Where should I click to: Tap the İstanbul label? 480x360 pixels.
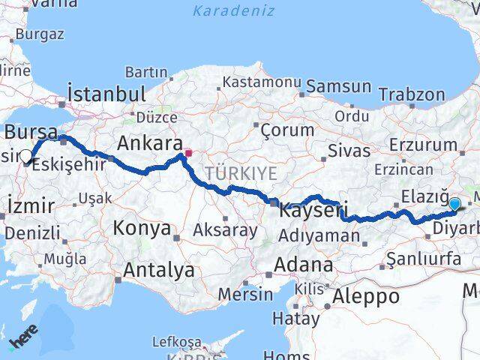click(x=106, y=94)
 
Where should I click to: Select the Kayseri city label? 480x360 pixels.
click(x=313, y=211)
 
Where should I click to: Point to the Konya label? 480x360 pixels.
click(x=142, y=229)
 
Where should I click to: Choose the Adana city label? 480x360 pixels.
click(x=303, y=265)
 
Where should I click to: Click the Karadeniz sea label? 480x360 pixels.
click(x=232, y=11)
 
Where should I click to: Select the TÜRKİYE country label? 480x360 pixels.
click(x=241, y=173)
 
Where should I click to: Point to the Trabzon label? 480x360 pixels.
click(x=412, y=94)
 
